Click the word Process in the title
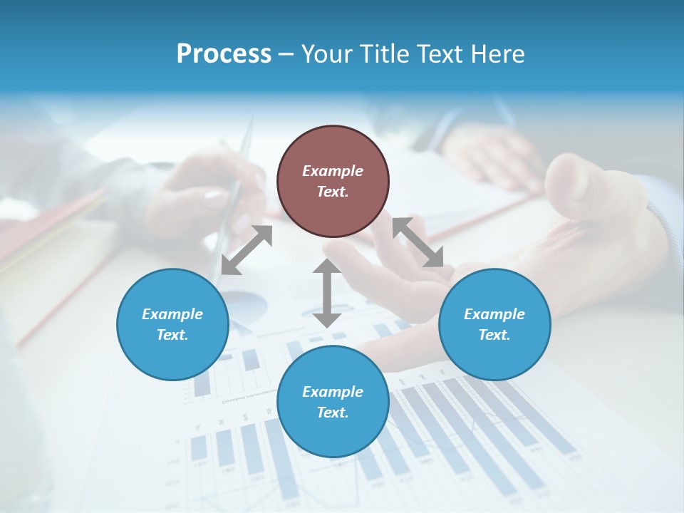[224, 54]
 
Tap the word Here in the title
[498, 54]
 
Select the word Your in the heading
[328, 54]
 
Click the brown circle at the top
[333, 182]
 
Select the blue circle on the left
[172, 324]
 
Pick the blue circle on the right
[494, 324]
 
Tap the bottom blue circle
[333, 402]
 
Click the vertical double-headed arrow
[327, 293]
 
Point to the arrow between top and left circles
[247, 250]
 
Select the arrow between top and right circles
[418, 242]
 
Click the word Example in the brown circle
[333, 171]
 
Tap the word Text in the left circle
[172, 335]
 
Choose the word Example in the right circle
[494, 314]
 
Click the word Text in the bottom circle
[333, 413]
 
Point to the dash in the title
[286, 54]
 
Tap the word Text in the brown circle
[333, 192]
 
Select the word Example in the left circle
[172, 314]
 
